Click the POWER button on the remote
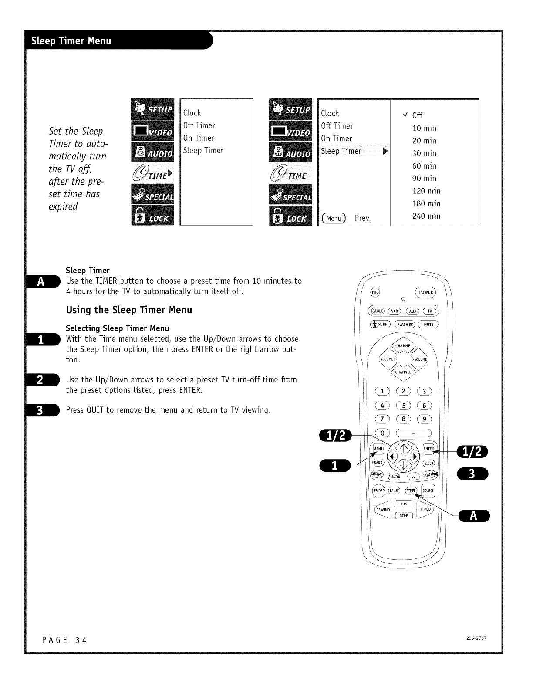click(425, 292)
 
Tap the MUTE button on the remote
click(428, 324)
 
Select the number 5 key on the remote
click(404, 406)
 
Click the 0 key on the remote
click(382, 433)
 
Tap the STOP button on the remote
click(404, 515)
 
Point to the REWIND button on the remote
click(383, 510)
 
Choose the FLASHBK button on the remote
click(405, 324)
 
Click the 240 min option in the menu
click(426, 216)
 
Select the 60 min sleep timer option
click(424, 166)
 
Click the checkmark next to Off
click(405, 114)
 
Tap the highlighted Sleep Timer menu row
click(354, 151)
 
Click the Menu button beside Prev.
click(334, 218)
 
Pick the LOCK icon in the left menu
click(153, 215)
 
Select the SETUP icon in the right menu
click(290, 109)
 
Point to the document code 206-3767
click(476, 638)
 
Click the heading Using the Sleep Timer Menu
click(129, 310)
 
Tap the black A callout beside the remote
click(474, 516)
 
